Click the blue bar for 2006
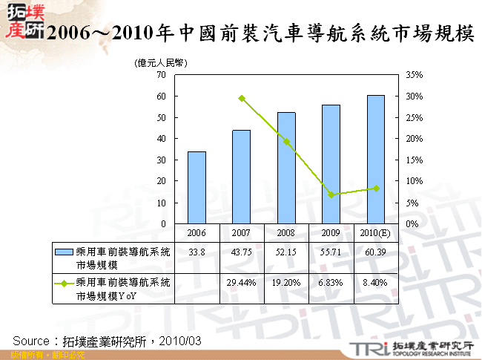tap(197, 187)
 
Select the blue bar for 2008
tap(286, 168)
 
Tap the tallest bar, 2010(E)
tap(376, 159)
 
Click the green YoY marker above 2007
tap(242, 98)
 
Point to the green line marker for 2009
tap(331, 194)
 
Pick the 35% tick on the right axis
tap(415, 75)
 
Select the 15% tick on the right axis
tap(415, 160)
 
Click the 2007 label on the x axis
tap(242, 232)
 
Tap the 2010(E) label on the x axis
tap(376, 232)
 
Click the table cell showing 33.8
tap(197, 252)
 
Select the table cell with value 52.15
tap(286, 252)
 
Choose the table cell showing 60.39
tap(376, 252)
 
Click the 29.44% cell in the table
tap(242, 283)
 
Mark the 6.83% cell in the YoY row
tap(331, 283)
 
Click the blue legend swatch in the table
tap(64, 252)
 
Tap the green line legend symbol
tap(64, 283)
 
